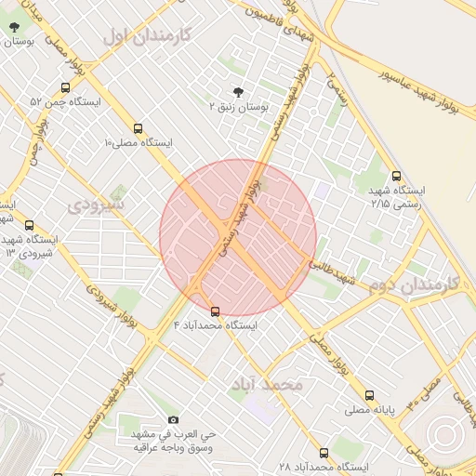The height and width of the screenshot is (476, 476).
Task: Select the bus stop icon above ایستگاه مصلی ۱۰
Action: tap(139, 129)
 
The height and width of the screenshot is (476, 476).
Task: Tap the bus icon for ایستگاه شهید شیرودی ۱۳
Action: tap(29, 225)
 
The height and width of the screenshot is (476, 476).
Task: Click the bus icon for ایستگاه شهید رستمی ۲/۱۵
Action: tap(397, 176)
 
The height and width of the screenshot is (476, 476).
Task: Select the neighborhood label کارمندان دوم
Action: tap(409, 285)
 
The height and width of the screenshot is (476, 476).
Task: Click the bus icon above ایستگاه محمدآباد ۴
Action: tap(216, 311)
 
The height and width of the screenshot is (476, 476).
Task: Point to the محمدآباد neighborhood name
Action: tap(271, 384)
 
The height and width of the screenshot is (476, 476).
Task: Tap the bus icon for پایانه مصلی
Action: tap(370, 395)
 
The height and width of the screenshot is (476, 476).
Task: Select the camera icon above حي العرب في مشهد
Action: tap(172, 420)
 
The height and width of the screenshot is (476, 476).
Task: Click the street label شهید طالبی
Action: tap(334, 273)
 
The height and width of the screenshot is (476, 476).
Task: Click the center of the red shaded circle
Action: tap(238, 238)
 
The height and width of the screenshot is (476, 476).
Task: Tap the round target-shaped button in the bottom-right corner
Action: tap(443, 435)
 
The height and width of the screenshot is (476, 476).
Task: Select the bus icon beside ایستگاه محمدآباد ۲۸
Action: tap(324, 453)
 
